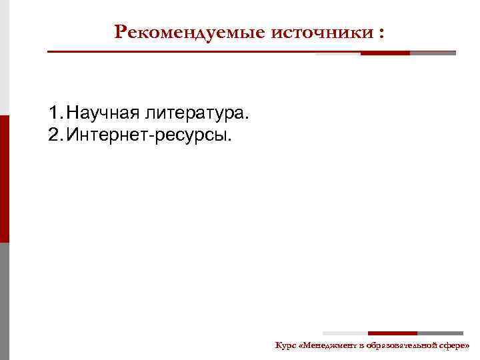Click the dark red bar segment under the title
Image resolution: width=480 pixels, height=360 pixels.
(x=385, y=53)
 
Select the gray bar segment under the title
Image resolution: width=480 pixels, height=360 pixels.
(x=433, y=53)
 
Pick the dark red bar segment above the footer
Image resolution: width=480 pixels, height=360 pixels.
(x=392, y=333)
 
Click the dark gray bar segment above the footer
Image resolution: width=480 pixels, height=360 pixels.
(x=440, y=333)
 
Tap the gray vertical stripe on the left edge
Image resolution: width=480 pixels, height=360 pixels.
(x=5, y=300)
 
